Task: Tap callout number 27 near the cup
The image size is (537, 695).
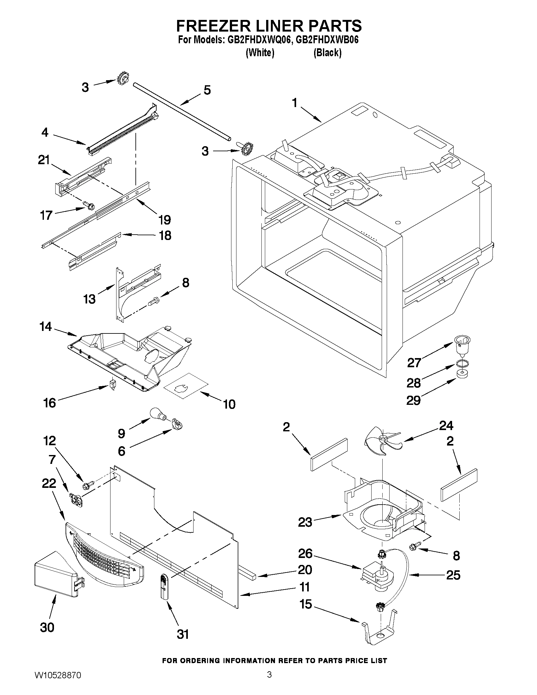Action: [414, 362]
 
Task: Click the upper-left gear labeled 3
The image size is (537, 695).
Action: [122, 77]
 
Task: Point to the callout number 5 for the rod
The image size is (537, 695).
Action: [207, 90]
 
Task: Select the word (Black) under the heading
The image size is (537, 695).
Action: [327, 52]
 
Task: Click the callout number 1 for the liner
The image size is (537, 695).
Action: [295, 103]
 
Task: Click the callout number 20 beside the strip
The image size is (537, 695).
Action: [304, 570]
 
